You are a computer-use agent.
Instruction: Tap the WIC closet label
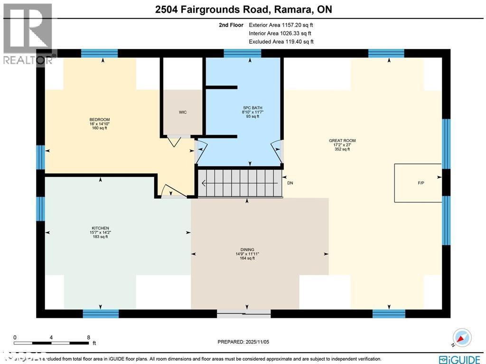click(x=183, y=113)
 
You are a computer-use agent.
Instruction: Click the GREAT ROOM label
click(x=342, y=141)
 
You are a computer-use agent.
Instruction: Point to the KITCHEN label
click(x=101, y=228)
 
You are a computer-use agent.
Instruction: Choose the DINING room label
click(x=247, y=249)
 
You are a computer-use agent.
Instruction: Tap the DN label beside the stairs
click(x=290, y=183)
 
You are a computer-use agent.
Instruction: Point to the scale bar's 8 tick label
click(x=88, y=337)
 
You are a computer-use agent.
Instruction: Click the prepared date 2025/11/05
click(x=246, y=342)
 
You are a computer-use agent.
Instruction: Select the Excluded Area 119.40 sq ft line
click(x=281, y=42)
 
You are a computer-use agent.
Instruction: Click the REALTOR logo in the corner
click(x=28, y=33)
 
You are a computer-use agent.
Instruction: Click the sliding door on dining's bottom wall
click(x=244, y=314)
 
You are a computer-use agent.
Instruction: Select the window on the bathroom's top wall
click(x=242, y=53)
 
